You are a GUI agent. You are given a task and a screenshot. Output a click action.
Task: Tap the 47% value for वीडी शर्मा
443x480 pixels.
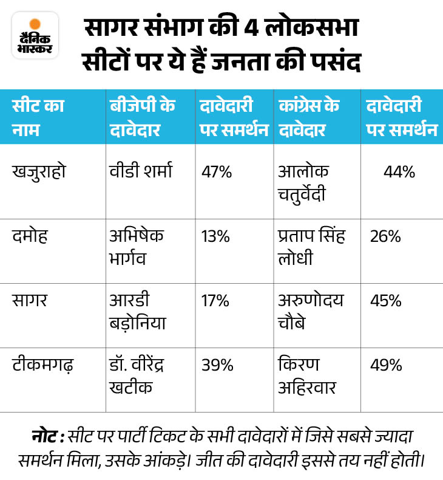click(x=217, y=172)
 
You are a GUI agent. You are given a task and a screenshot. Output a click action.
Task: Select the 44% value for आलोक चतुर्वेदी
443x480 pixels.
click(x=399, y=172)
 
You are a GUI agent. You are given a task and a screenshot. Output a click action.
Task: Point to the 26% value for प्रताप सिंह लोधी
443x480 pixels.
click(x=385, y=236)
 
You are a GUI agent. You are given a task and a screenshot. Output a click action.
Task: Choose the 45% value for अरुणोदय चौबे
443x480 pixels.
click(x=386, y=301)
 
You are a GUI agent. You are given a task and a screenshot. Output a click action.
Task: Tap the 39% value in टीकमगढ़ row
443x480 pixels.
click(x=217, y=365)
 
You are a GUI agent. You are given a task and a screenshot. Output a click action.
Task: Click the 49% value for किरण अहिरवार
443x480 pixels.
click(x=386, y=365)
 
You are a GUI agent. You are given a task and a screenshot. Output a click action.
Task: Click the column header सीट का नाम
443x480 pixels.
click(x=38, y=117)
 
